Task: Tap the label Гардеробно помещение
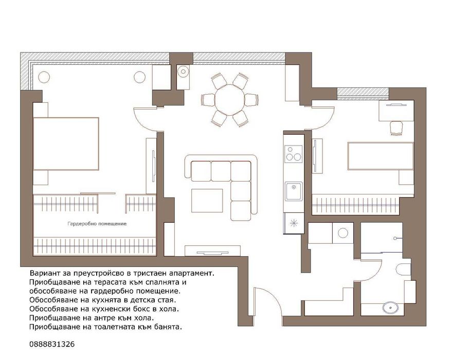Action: point(97,224)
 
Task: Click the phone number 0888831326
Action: point(52,344)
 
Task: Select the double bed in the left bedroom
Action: point(66,144)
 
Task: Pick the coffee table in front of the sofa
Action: point(207,201)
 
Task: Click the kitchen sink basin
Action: point(294,191)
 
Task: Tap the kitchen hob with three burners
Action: point(294,154)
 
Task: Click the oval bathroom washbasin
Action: point(390,308)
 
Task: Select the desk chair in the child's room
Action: point(397,128)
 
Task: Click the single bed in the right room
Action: point(381,156)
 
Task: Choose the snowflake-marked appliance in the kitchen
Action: point(294,223)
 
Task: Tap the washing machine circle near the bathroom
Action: point(343,233)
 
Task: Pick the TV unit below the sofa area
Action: point(213,250)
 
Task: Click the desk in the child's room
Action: point(397,111)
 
